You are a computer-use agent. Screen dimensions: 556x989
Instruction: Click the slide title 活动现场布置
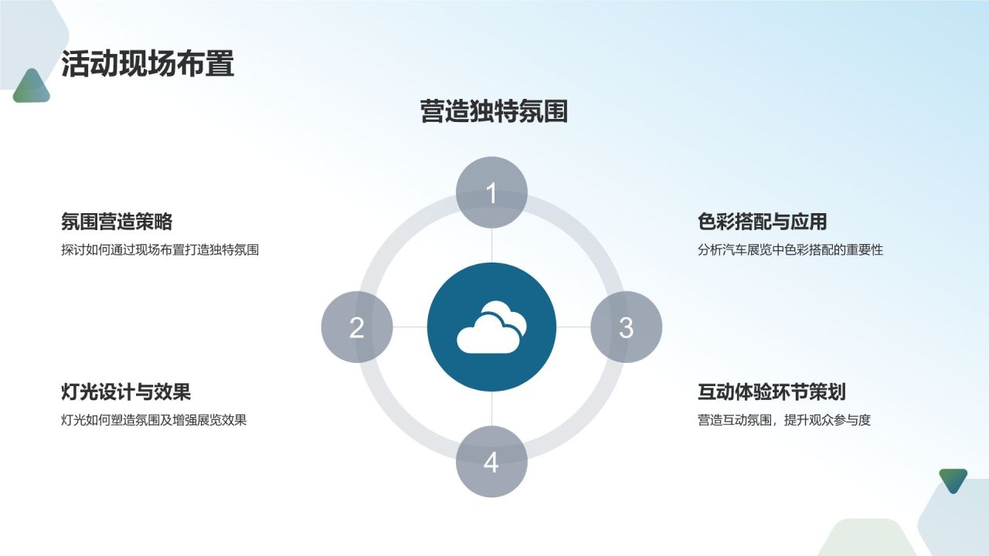click(148, 64)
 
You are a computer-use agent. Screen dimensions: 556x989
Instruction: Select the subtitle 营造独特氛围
click(494, 111)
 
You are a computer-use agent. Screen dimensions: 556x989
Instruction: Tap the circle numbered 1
click(491, 192)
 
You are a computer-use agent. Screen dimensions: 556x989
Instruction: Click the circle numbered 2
click(356, 327)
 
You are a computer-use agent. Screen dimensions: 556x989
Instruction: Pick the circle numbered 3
click(626, 327)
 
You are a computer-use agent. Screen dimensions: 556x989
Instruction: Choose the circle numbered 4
click(491, 462)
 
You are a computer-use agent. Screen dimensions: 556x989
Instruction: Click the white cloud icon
click(491, 327)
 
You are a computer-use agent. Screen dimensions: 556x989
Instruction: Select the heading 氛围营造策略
click(117, 222)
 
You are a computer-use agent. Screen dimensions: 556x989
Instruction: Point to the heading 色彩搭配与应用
click(763, 222)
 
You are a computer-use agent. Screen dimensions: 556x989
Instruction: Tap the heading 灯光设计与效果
click(126, 392)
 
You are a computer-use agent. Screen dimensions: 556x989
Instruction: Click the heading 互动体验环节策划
click(772, 392)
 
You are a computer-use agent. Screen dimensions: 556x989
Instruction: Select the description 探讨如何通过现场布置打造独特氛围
click(160, 250)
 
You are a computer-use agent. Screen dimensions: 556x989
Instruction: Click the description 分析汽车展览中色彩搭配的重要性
click(790, 250)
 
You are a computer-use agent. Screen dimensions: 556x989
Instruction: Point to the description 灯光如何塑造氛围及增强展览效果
click(154, 421)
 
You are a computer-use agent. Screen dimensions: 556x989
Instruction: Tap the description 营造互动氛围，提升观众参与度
click(784, 421)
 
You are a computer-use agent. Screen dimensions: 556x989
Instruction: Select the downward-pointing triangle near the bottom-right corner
click(953, 479)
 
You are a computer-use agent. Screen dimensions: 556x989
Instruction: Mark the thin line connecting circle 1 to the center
click(491, 246)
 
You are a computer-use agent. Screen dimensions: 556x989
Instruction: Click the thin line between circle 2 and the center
click(410, 327)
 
